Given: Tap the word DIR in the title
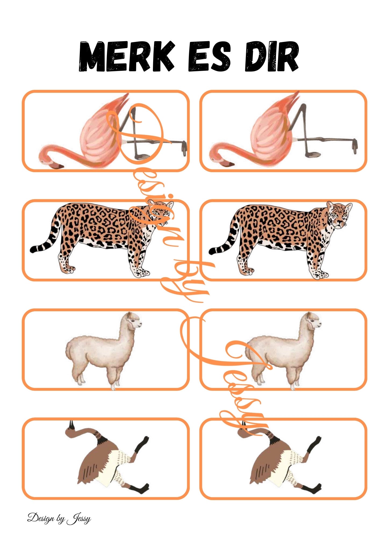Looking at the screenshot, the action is (272, 56).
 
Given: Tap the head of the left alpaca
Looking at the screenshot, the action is (134, 321).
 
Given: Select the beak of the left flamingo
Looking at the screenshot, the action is (57, 167).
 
